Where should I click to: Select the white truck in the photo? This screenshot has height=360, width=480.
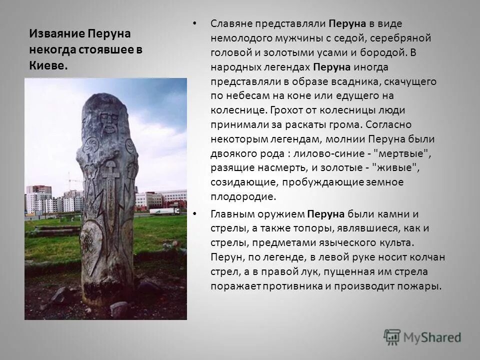(x=164, y=211)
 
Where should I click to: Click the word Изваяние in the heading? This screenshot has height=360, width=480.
(x=56, y=34)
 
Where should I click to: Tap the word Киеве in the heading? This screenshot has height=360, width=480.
(x=47, y=66)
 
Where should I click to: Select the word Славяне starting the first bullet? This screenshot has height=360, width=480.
(x=232, y=23)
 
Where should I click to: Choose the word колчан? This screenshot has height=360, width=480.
(x=426, y=258)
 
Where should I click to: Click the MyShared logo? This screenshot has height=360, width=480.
(x=422, y=336)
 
